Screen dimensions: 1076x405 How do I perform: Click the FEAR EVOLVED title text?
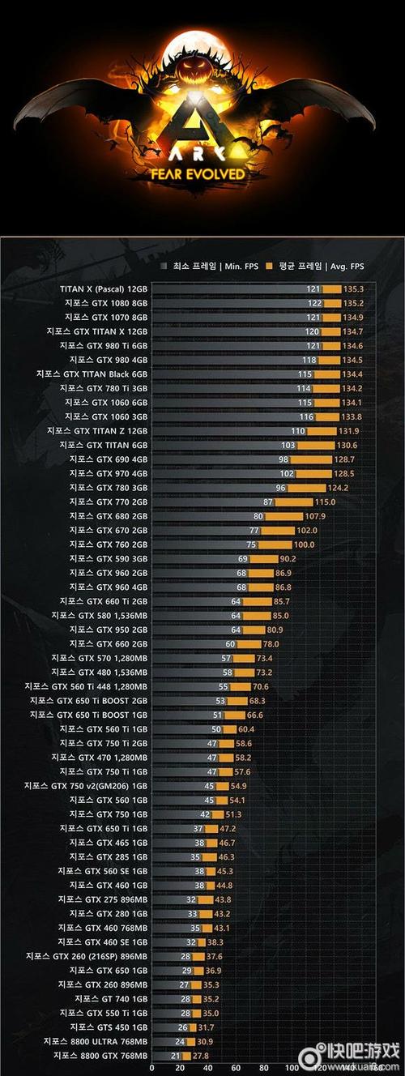click(202, 173)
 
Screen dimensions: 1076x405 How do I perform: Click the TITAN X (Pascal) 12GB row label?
click(104, 288)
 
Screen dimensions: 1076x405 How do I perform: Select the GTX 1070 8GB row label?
click(107, 316)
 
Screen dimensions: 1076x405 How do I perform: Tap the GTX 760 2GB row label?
click(109, 544)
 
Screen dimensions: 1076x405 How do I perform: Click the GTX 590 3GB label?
click(109, 558)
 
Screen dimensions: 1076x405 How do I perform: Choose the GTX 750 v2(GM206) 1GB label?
click(86, 785)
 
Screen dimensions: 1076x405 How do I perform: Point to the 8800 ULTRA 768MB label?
click(96, 1041)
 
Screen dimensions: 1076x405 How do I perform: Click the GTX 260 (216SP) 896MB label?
click(87, 956)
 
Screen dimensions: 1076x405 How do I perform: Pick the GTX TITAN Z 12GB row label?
click(97, 431)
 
